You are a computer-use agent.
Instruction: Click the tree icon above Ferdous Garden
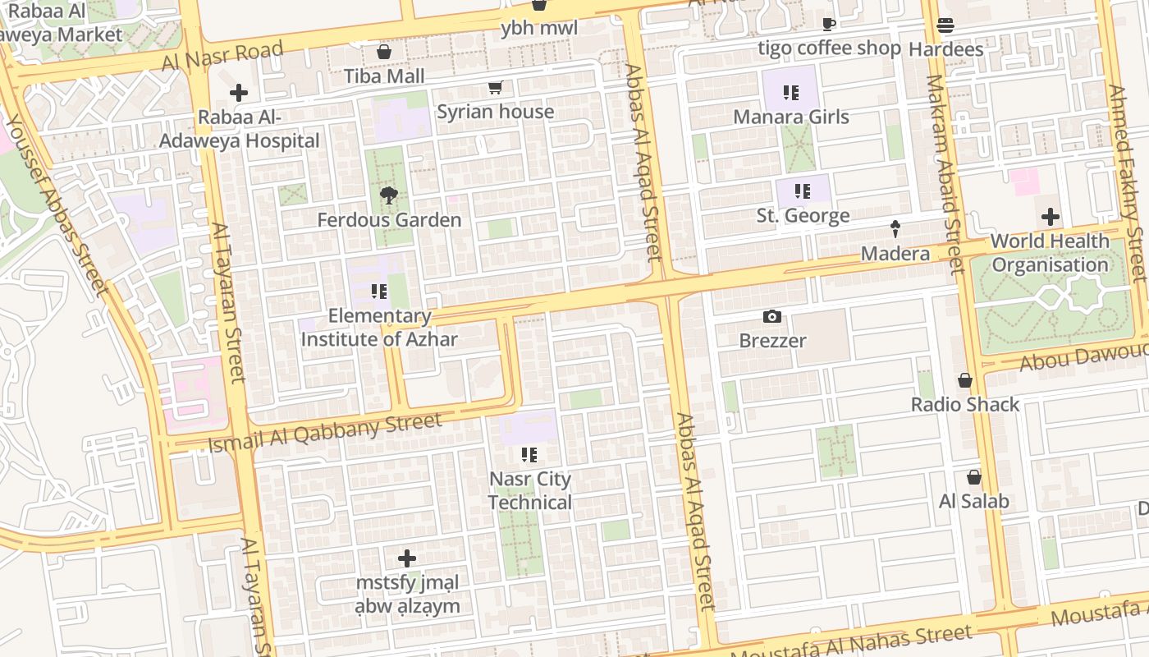389,195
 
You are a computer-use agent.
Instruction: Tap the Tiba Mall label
384,76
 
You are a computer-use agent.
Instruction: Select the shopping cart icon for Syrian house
495,88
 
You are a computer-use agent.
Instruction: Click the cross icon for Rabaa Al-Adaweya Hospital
239,93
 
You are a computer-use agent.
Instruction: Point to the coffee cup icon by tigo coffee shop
828,25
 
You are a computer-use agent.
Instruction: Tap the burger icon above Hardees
945,25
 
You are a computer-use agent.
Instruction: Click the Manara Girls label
790,117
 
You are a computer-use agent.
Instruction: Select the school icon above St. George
803,191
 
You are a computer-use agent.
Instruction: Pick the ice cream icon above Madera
895,229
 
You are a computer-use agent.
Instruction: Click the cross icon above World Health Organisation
1050,218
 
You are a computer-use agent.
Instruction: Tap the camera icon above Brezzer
772,316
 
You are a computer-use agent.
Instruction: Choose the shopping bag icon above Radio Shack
965,380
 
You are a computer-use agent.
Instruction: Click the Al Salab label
973,501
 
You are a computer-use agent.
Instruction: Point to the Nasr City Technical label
530,490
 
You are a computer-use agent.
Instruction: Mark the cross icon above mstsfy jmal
406,559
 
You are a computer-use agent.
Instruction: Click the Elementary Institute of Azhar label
378,327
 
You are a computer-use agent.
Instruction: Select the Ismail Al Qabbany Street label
325,433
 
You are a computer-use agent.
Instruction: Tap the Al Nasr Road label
222,56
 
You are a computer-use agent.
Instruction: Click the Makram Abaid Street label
945,174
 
